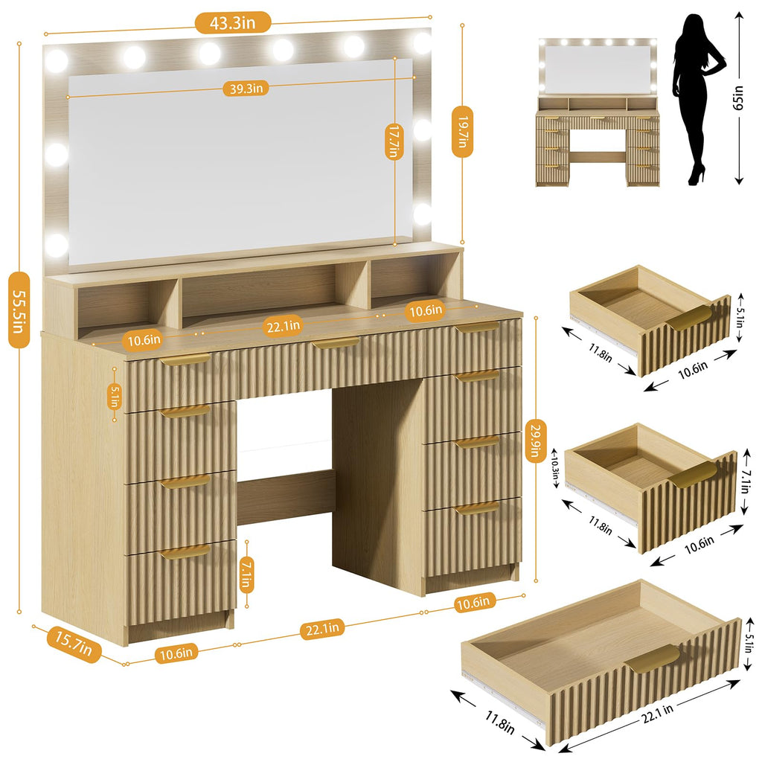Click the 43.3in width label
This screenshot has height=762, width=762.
pos(233,23)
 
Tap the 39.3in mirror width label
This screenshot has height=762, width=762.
pos(246,89)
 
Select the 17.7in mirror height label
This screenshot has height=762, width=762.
pos(394,141)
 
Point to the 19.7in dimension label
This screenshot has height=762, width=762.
pos(462,131)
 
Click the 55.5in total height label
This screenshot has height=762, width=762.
pos(19,310)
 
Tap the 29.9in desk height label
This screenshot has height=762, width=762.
pos(535,440)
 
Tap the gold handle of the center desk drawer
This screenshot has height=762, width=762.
pos(336,342)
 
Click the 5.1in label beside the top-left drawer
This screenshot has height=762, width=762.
pos(114,396)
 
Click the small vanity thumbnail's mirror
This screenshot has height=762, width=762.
pos(598,68)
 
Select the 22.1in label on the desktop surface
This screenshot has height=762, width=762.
pos(284,326)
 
